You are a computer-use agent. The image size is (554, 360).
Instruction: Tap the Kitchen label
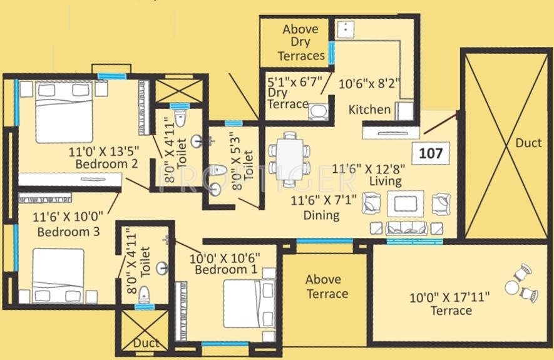(369, 110)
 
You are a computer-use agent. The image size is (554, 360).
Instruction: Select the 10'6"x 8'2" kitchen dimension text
(369, 81)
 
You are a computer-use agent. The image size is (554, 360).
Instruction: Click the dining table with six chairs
(289, 159)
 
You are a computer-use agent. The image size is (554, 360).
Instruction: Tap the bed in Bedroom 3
(58, 275)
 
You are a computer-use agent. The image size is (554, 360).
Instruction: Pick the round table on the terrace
(513, 287)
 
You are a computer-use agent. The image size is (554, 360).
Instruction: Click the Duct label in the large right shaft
(528, 143)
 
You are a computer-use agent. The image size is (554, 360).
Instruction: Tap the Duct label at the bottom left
(146, 343)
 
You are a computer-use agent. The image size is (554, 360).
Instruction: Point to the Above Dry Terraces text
(300, 42)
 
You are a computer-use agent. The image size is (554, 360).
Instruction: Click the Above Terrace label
(323, 287)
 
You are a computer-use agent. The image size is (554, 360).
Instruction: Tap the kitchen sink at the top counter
(346, 29)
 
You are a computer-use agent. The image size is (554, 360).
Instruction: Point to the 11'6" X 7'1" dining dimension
(324, 201)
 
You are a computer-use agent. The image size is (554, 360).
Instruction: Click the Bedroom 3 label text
(68, 232)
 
